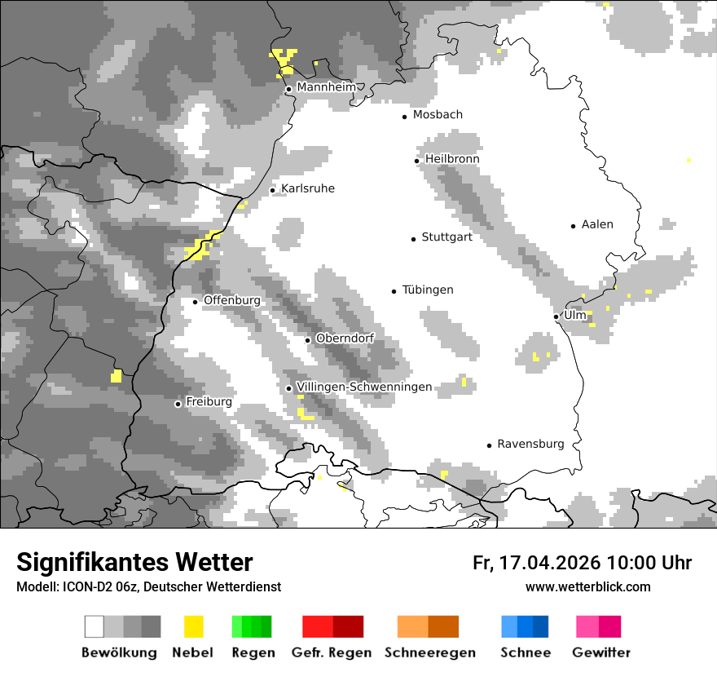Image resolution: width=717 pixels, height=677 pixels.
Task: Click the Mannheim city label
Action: click(x=327, y=87)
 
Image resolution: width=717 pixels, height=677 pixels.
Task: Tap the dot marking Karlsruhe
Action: click(x=273, y=190)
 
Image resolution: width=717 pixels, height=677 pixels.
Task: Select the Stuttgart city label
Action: click(x=446, y=237)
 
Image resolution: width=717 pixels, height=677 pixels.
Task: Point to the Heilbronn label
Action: click(x=452, y=159)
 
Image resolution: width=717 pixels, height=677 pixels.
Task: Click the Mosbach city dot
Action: click(x=404, y=117)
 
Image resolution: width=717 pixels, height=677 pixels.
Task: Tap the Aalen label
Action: click(x=597, y=224)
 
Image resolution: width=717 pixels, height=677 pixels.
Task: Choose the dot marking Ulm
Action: click(x=556, y=316)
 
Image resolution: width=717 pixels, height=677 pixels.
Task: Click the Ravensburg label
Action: click(x=530, y=444)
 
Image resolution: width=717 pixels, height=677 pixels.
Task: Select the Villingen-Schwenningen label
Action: click(x=364, y=387)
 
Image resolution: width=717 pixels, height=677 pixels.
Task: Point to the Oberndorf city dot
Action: click(x=307, y=340)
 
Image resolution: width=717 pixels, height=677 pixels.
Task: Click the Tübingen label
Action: click(x=428, y=290)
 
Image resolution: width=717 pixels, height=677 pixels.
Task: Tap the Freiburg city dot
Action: click(x=178, y=404)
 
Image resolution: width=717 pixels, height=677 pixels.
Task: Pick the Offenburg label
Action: click(x=232, y=300)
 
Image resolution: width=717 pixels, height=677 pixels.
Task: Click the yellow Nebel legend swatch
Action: click(x=193, y=626)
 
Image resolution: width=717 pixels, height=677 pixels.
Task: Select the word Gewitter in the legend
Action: click(x=601, y=653)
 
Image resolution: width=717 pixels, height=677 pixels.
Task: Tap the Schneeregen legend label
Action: click(x=429, y=653)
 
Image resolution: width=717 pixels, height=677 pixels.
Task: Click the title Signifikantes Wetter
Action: click(x=134, y=562)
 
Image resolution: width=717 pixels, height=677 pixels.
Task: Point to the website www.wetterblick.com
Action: click(x=587, y=586)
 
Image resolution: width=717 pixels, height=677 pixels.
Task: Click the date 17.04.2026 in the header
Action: click(x=548, y=563)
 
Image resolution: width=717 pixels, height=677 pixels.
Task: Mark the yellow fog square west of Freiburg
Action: click(x=116, y=376)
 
